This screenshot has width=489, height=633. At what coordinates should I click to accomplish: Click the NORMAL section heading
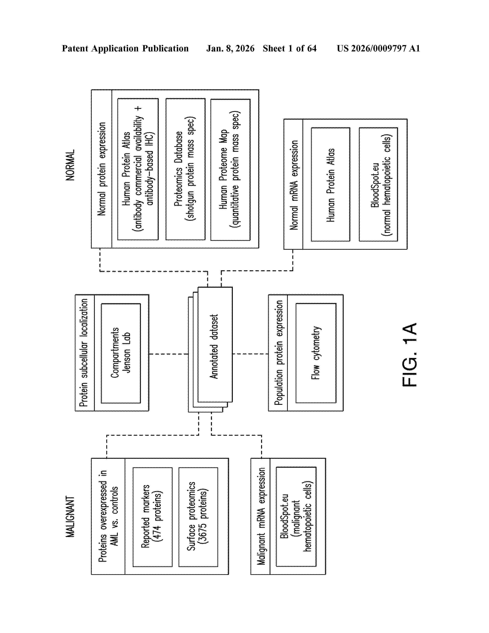[70, 165]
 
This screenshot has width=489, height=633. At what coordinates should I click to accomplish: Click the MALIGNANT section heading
[70, 516]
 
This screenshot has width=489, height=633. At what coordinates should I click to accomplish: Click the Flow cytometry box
[316, 353]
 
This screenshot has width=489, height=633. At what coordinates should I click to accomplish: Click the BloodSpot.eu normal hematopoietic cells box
[378, 184]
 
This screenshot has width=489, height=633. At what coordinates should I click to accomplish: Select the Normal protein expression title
[102, 169]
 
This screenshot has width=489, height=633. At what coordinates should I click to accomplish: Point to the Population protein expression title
[278, 353]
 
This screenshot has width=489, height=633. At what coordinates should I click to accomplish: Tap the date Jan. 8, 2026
[230, 48]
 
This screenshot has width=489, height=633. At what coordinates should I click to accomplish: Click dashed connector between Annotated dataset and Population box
[250, 354]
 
